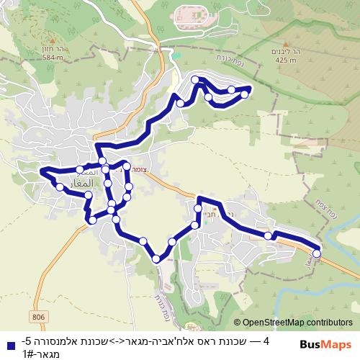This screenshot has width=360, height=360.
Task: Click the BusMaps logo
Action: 328,344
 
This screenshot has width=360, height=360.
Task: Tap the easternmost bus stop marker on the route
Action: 316,253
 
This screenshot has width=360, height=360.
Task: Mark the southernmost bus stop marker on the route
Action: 156,258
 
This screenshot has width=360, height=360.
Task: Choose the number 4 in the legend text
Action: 266,340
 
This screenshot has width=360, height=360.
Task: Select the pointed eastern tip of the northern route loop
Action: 249,88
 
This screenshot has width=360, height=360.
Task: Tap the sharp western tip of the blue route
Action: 40,171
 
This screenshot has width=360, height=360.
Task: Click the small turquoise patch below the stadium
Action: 176,53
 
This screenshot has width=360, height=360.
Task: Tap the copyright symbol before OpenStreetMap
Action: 238,323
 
